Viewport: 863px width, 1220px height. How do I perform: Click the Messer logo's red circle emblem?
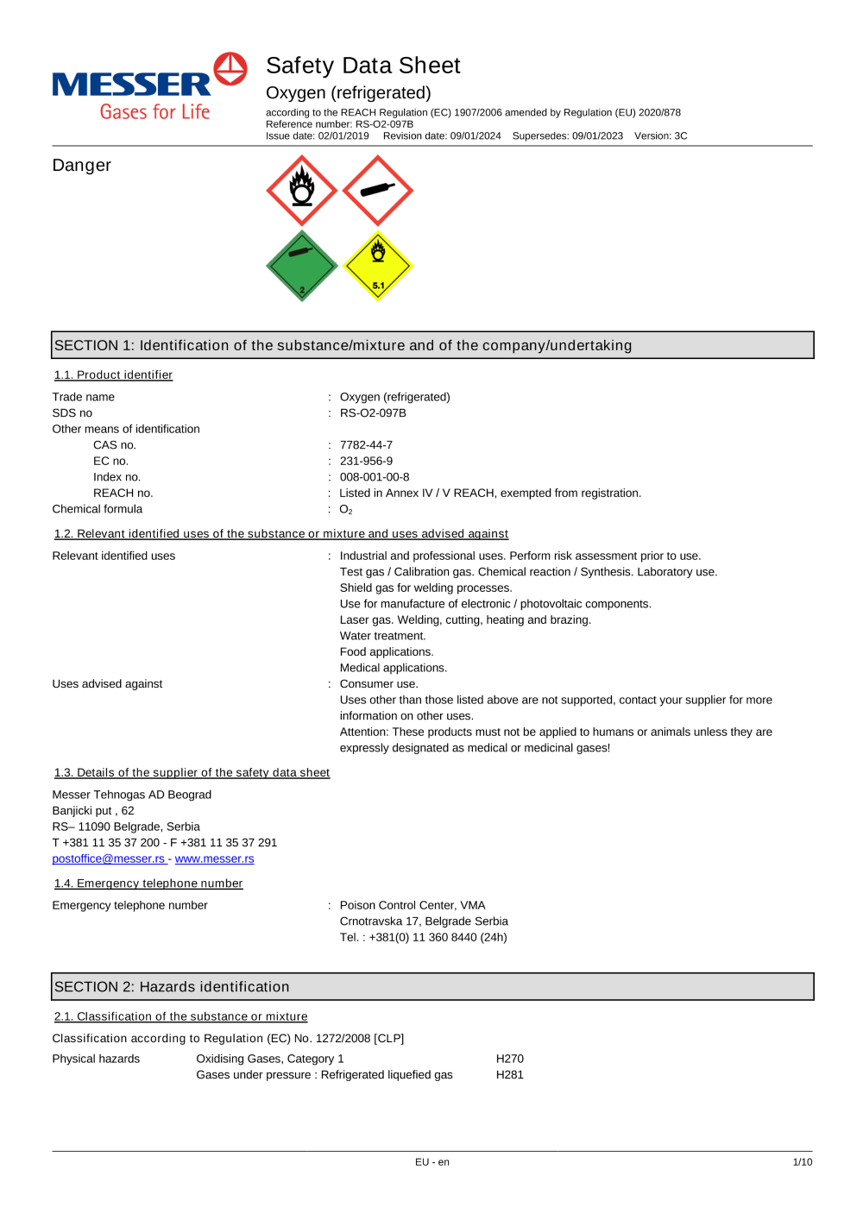tap(230, 69)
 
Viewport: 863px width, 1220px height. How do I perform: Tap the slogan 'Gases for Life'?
tap(154, 112)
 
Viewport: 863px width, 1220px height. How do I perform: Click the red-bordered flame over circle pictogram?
tap(302, 191)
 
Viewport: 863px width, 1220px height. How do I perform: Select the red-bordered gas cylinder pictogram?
tap(378, 191)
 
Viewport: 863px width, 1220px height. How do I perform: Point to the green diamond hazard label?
tap(302, 266)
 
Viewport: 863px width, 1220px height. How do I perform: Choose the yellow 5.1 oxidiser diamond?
tap(378, 266)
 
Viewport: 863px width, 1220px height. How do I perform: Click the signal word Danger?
tap(82, 166)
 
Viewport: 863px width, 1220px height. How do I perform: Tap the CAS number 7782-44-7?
tap(366, 445)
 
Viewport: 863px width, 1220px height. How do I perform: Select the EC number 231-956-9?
tap(366, 462)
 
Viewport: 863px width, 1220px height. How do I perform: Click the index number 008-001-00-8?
tap(375, 477)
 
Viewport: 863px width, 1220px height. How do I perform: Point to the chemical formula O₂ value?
tap(346, 510)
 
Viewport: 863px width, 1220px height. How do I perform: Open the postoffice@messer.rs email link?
tap(109, 859)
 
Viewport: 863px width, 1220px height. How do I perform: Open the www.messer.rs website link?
tap(214, 859)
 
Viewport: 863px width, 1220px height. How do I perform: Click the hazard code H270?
tap(509, 1059)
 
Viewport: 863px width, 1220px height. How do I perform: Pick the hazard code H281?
tap(509, 1075)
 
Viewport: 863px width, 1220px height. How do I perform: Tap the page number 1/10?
tap(803, 1162)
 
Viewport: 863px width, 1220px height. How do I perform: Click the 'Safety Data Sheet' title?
tap(362, 66)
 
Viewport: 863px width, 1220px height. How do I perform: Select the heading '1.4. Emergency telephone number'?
tap(148, 884)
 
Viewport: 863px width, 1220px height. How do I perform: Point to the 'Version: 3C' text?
tap(660, 136)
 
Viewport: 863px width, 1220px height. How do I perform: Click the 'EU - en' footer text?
tap(431, 1162)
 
